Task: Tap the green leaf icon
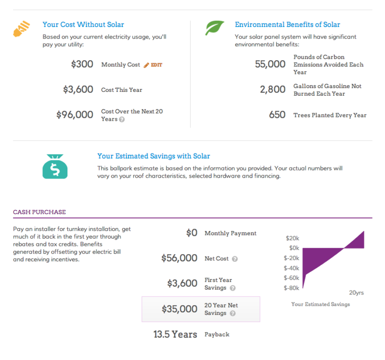(214, 28)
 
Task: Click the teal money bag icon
(55, 167)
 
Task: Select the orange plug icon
(22, 29)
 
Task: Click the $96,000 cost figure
(75, 115)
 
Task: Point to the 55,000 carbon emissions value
(270, 64)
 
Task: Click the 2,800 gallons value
(272, 90)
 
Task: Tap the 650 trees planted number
(277, 115)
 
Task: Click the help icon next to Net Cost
(235, 259)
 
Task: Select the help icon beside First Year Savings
(233, 288)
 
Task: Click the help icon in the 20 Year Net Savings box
(233, 313)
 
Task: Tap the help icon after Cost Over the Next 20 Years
(122, 119)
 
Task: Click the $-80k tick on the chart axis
(292, 288)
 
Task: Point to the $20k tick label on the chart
(293, 238)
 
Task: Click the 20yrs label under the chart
(357, 293)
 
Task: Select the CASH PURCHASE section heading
(39, 212)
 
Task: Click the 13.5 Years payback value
(175, 334)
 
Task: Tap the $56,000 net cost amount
(179, 258)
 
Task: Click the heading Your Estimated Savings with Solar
(154, 156)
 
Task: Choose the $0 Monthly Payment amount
(192, 233)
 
